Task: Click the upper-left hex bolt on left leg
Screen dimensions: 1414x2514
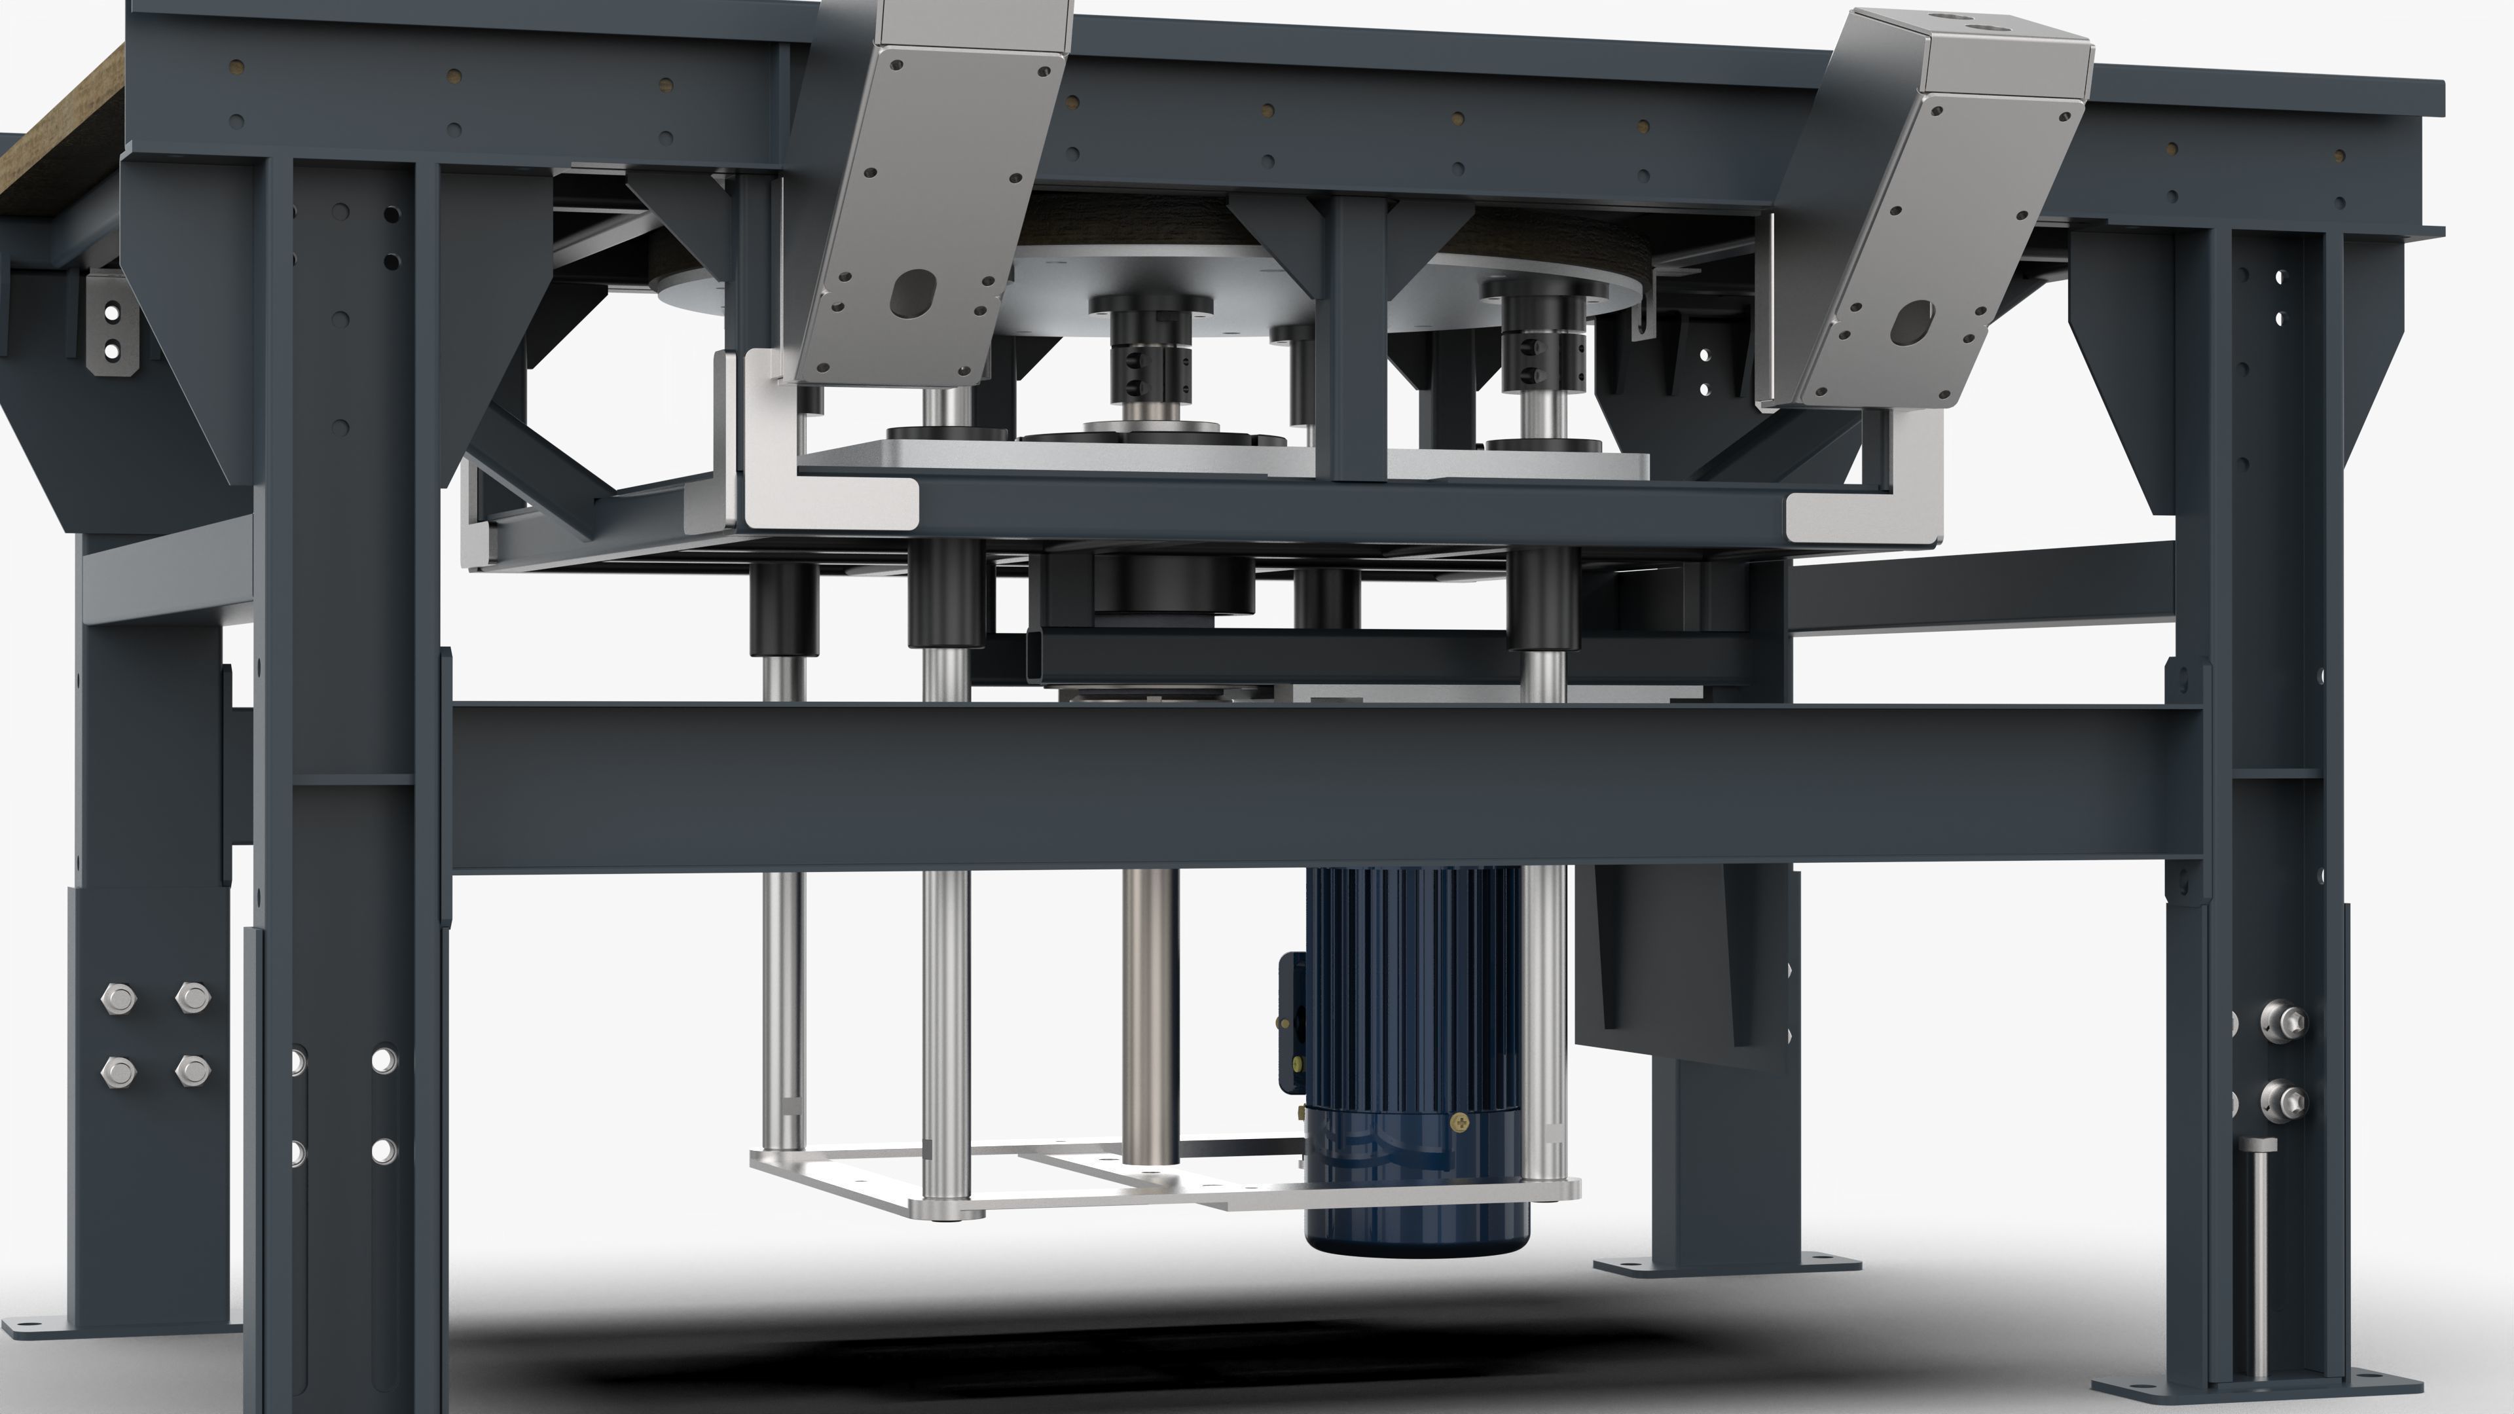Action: [118, 998]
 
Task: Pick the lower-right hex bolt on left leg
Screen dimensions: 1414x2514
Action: [192, 1070]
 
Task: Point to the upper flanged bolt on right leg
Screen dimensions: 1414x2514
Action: [2283, 1021]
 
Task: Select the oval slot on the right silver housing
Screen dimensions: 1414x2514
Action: [1912, 322]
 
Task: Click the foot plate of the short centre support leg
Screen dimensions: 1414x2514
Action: [1726, 1265]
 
